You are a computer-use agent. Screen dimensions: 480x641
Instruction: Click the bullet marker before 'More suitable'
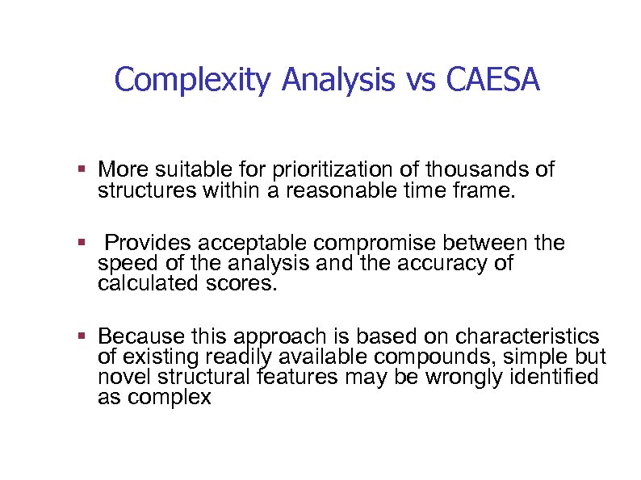click(82, 170)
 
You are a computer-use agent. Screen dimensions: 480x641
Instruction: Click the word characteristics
click(528, 336)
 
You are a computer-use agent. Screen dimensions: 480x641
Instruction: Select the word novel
click(121, 377)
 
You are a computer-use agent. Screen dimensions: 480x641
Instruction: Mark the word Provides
click(149, 244)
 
